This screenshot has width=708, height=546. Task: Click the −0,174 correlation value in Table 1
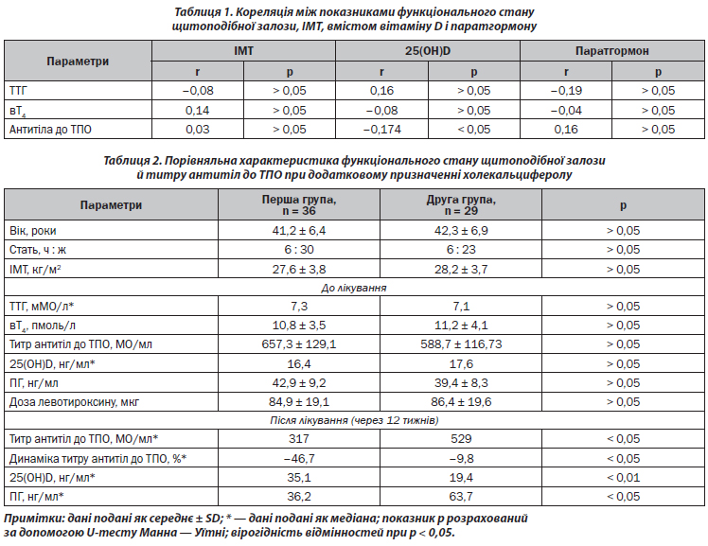click(382, 130)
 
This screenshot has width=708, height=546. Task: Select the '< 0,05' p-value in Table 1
click(473, 130)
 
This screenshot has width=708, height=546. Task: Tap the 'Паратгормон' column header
click(611, 51)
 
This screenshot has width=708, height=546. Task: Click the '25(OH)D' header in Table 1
click(428, 51)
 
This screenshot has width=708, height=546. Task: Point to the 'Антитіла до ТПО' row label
click(50, 130)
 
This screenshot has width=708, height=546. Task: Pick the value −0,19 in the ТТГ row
click(566, 91)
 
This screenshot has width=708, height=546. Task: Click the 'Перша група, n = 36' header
click(299, 205)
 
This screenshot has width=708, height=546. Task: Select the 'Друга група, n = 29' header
click(461, 205)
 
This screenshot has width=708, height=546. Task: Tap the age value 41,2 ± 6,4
click(299, 231)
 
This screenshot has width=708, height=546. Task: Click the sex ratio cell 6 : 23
click(461, 250)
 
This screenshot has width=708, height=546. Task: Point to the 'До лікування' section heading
click(354, 288)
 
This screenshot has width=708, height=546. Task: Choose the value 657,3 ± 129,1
click(299, 344)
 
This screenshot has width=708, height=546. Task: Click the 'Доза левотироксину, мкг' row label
click(74, 402)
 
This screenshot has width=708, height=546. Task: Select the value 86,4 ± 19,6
click(461, 402)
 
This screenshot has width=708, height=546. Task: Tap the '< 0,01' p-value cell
click(623, 478)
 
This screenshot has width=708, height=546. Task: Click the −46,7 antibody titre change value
click(299, 458)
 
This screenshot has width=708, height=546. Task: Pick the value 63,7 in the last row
click(461, 497)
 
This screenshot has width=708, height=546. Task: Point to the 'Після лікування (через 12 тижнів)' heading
click(354, 420)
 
